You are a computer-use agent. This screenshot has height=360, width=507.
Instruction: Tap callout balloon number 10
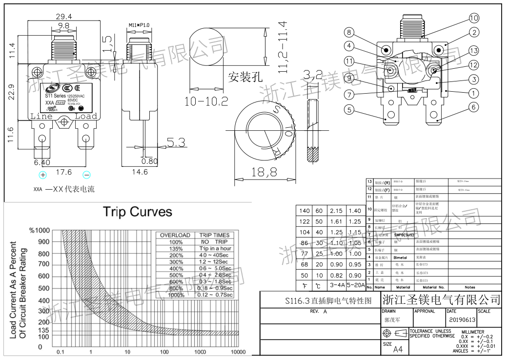click(474, 18)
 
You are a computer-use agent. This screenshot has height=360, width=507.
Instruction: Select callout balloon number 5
click(349, 109)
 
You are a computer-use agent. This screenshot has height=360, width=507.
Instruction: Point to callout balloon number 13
click(474, 51)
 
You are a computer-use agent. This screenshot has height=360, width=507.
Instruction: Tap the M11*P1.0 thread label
click(139, 24)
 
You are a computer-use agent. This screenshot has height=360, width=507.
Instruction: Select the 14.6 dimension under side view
click(140, 172)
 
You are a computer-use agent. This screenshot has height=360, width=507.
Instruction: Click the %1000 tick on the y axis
click(39, 230)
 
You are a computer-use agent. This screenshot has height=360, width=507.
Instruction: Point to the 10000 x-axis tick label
click(238, 352)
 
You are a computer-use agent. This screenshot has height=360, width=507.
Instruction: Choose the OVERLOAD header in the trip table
click(175, 235)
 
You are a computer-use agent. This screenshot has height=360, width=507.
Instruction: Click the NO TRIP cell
click(214, 241)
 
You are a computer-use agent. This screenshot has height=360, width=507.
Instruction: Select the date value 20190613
click(462, 320)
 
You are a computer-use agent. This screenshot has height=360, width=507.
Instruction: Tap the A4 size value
click(398, 349)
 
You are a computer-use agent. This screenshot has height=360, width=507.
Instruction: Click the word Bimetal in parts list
click(400, 257)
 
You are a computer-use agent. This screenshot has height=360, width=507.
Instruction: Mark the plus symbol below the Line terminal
click(43, 175)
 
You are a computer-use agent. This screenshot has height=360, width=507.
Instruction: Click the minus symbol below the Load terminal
click(86, 175)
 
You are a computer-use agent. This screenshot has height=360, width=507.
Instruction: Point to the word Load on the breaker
click(85, 116)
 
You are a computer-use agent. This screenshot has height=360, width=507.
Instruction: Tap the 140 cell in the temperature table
click(304, 211)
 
